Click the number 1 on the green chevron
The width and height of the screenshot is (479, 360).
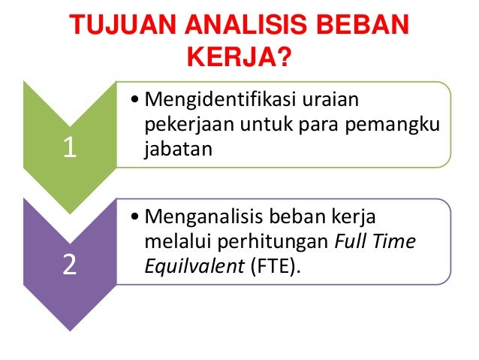click(70, 148)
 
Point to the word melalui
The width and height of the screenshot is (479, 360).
click(170, 242)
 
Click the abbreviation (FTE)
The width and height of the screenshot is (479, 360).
click(273, 266)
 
